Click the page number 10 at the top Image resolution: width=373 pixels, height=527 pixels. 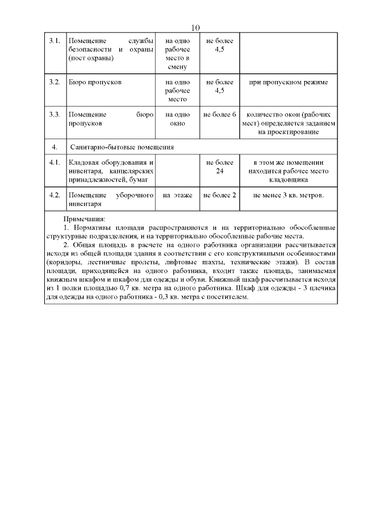tap(195, 28)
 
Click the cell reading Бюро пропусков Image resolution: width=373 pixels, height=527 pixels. tap(95, 82)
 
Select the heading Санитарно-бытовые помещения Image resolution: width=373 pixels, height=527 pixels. tap(122, 147)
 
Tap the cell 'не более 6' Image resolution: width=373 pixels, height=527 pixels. tap(220, 115)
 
